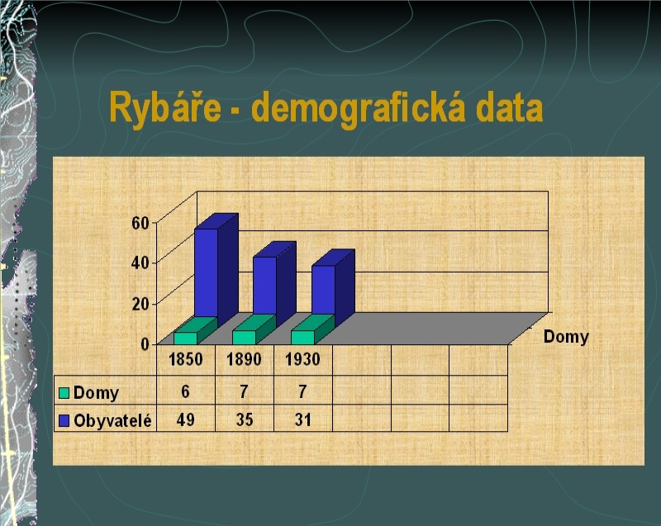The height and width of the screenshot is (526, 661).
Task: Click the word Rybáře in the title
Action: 165,108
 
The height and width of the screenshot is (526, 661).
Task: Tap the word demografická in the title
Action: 359,108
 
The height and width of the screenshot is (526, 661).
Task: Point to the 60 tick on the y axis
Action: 140,223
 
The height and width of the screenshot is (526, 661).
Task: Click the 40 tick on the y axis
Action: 140,263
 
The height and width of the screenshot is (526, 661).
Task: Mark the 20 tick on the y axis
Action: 140,304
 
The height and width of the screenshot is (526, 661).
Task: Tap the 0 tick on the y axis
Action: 145,344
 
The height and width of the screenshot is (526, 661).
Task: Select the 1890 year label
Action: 244,359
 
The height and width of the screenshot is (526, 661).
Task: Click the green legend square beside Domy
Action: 64,393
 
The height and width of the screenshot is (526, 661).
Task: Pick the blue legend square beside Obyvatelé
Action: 64,420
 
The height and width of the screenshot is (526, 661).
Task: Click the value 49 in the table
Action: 185,419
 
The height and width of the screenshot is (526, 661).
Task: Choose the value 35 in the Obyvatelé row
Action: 245,419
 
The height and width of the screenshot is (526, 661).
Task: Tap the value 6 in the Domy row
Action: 185,391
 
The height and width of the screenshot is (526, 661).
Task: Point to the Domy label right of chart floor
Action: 566,338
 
